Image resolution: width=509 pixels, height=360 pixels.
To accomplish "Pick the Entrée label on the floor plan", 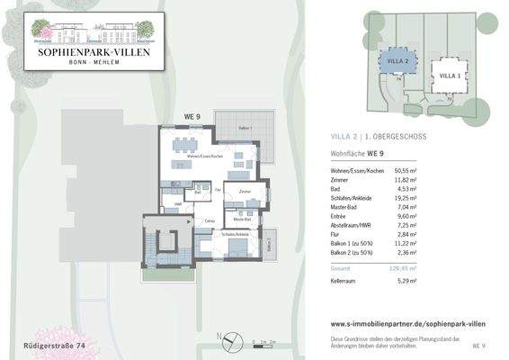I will (210, 220).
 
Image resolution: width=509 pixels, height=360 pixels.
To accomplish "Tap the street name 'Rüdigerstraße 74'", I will (55, 345).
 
